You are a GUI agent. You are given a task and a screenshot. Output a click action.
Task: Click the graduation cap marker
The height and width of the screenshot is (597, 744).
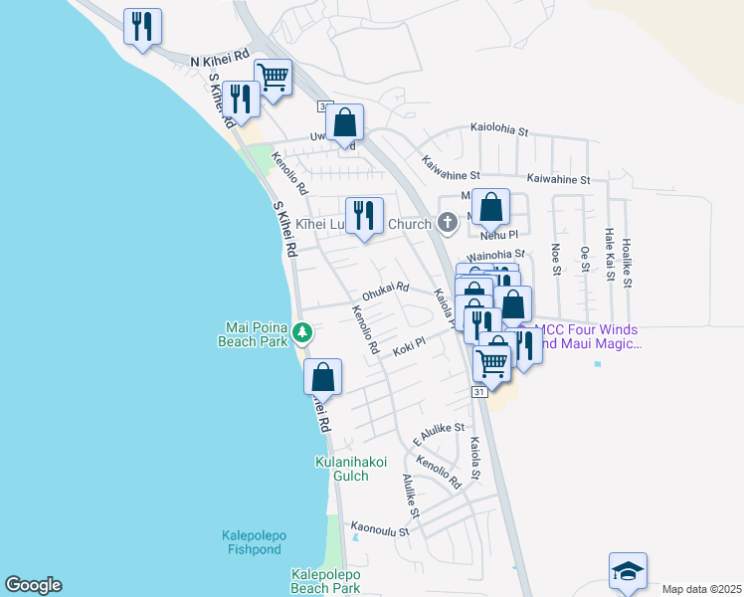[x=628, y=572]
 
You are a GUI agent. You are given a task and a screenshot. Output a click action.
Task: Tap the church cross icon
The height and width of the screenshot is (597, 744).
[x=448, y=224]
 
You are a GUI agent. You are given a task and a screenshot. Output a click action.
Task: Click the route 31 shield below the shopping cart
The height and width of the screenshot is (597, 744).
[x=479, y=393]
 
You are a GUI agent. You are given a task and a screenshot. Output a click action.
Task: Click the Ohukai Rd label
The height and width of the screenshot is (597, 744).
[x=385, y=291]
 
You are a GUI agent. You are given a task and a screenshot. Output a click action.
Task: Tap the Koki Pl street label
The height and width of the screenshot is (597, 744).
[x=408, y=345]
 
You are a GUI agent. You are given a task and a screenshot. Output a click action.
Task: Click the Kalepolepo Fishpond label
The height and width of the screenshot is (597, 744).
[x=253, y=542]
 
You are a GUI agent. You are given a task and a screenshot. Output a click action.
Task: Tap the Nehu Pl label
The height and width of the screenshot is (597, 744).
[x=499, y=235]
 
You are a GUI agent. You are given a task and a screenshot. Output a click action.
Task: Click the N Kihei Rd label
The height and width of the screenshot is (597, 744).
[x=220, y=62]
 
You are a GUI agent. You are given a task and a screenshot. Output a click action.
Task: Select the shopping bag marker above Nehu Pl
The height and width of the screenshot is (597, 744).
[x=490, y=208]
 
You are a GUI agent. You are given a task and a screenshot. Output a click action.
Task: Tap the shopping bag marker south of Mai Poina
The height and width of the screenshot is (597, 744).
[x=322, y=378]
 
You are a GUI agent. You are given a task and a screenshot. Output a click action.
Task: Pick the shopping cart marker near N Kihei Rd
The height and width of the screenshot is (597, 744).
[x=273, y=77]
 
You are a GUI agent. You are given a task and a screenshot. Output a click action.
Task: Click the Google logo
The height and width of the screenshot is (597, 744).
[x=33, y=585]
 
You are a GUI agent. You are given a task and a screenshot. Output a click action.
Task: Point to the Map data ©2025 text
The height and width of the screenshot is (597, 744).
[x=701, y=589]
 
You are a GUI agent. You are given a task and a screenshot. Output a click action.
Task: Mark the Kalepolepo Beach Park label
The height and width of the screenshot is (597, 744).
[x=325, y=581]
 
